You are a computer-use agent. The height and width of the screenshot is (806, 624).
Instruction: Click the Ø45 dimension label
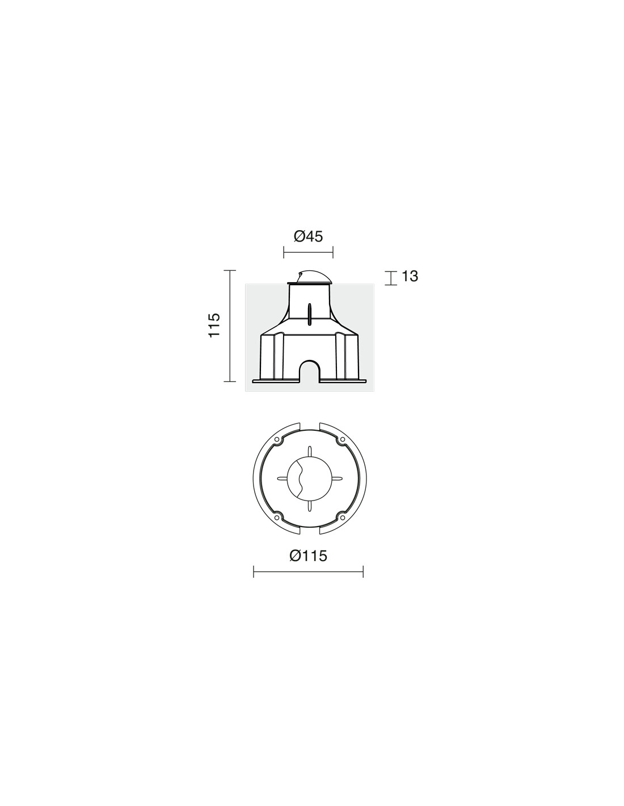coord(308,236)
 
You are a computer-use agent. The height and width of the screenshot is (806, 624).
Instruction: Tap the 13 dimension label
coord(410,276)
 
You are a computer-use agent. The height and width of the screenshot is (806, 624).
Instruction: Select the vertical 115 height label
coord(214,325)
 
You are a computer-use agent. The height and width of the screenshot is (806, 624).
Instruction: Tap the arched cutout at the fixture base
coord(310,370)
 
